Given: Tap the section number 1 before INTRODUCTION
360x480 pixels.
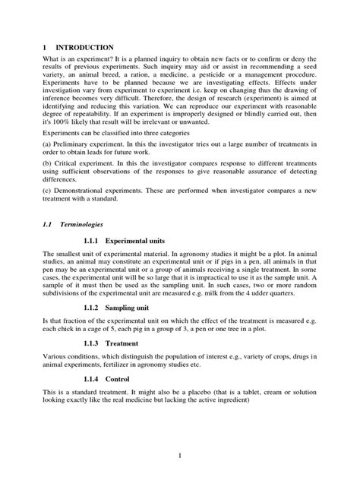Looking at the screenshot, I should point(44,47).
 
